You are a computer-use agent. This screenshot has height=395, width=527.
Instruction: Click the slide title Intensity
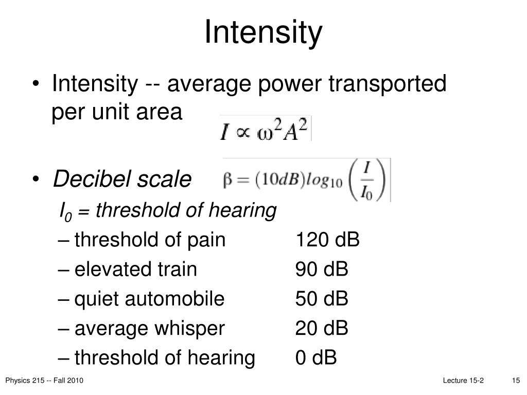tap(263, 32)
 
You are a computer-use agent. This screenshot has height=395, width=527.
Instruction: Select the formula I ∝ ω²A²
tap(265, 129)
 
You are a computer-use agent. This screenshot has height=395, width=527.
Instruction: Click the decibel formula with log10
tap(306, 181)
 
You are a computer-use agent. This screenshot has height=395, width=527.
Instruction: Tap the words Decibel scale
tap(122, 179)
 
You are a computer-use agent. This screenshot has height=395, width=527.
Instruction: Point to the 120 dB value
tap(327, 240)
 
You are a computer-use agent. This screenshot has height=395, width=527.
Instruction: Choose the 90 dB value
tap(322, 269)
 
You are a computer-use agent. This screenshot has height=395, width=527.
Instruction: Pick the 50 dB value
tap(322, 299)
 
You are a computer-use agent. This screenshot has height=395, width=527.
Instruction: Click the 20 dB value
tap(322, 328)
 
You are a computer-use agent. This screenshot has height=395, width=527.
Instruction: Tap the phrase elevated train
tap(136, 269)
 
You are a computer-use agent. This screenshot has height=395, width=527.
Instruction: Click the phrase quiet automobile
tap(150, 299)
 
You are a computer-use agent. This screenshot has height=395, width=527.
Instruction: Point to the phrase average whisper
tap(150, 328)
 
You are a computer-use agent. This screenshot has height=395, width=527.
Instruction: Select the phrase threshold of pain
tap(150, 240)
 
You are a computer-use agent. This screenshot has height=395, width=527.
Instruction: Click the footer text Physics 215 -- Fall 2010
tap(44, 381)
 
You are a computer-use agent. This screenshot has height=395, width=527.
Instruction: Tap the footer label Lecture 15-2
tap(463, 381)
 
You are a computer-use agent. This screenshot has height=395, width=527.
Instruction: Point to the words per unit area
tap(117, 112)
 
